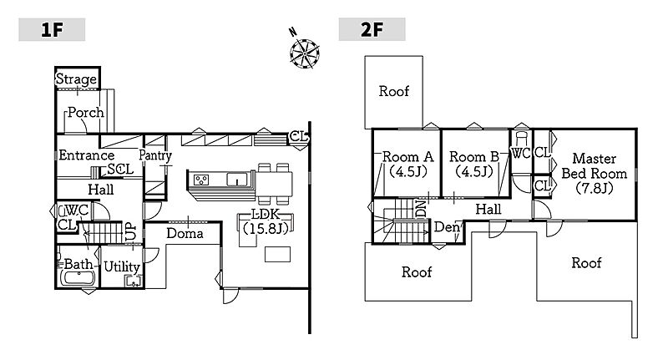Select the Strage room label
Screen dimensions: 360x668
(x=77, y=79)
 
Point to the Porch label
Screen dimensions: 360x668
(x=85, y=113)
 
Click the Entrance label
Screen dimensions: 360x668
(x=86, y=155)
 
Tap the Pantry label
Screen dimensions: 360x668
(x=155, y=155)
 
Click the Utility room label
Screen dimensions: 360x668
(x=122, y=266)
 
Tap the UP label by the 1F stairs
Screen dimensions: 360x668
(x=130, y=231)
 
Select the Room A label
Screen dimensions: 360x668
(x=407, y=164)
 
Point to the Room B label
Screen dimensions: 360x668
(x=473, y=164)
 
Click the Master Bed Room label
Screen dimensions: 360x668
(x=595, y=173)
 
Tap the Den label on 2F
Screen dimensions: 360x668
(x=447, y=226)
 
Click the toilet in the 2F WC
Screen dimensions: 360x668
(x=522, y=136)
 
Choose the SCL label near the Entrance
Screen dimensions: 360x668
(x=120, y=170)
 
